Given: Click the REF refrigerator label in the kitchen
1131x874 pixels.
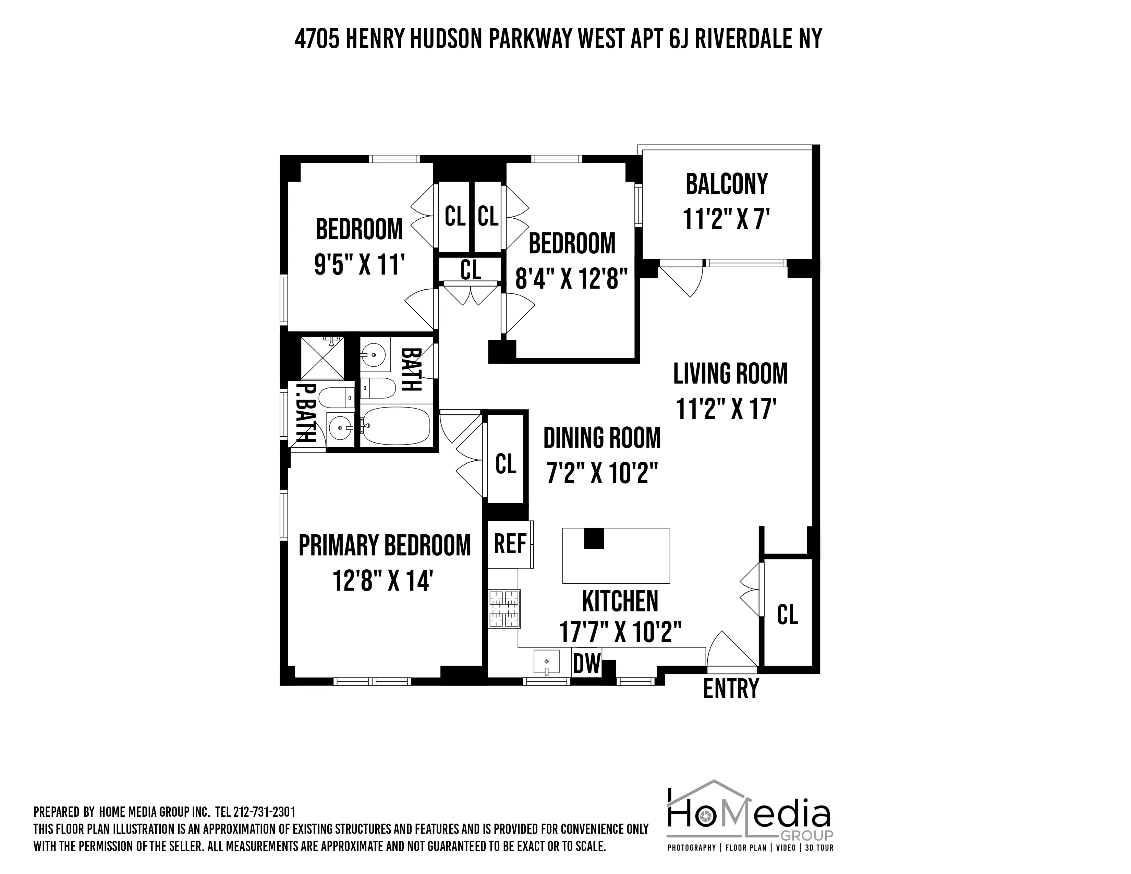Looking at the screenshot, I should click(510, 544).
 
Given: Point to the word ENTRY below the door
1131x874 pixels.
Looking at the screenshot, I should click(731, 689).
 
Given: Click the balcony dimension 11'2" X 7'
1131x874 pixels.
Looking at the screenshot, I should click(727, 219).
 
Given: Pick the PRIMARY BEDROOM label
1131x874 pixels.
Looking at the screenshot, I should click(385, 545).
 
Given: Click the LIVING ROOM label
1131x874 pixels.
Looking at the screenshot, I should click(730, 374).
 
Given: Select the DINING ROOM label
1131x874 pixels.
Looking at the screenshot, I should click(602, 438).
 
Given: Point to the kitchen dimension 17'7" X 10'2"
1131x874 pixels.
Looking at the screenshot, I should click(620, 632).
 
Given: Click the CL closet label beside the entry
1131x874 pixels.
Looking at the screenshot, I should click(787, 615).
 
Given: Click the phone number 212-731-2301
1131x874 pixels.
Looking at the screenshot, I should click(264, 811).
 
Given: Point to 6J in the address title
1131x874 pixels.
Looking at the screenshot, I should click(679, 39).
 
